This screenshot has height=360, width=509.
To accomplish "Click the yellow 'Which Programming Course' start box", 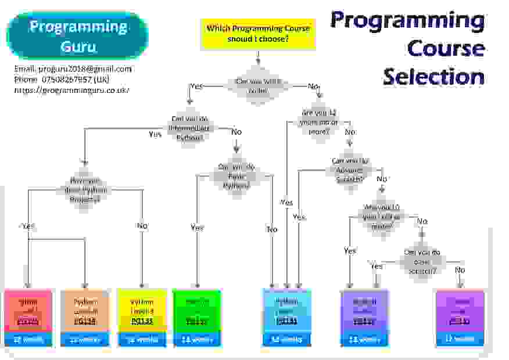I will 258,34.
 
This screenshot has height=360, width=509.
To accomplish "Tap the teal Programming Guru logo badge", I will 78,35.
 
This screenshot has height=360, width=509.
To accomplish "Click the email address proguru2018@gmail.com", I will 73,69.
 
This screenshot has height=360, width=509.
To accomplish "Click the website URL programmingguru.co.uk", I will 71,90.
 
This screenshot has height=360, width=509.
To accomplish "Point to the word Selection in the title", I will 433,76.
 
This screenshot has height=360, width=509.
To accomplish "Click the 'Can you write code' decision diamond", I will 258,86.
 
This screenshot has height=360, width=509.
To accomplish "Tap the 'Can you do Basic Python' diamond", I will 235,176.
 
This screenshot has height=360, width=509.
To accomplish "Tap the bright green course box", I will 197,311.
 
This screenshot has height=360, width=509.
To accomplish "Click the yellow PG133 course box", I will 142,311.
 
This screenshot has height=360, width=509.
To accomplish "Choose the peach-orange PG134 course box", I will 85,311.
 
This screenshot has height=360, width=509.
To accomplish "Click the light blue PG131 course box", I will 287,311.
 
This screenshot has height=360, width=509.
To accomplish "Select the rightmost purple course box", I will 460,311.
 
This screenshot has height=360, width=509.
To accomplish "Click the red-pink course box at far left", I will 28,311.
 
